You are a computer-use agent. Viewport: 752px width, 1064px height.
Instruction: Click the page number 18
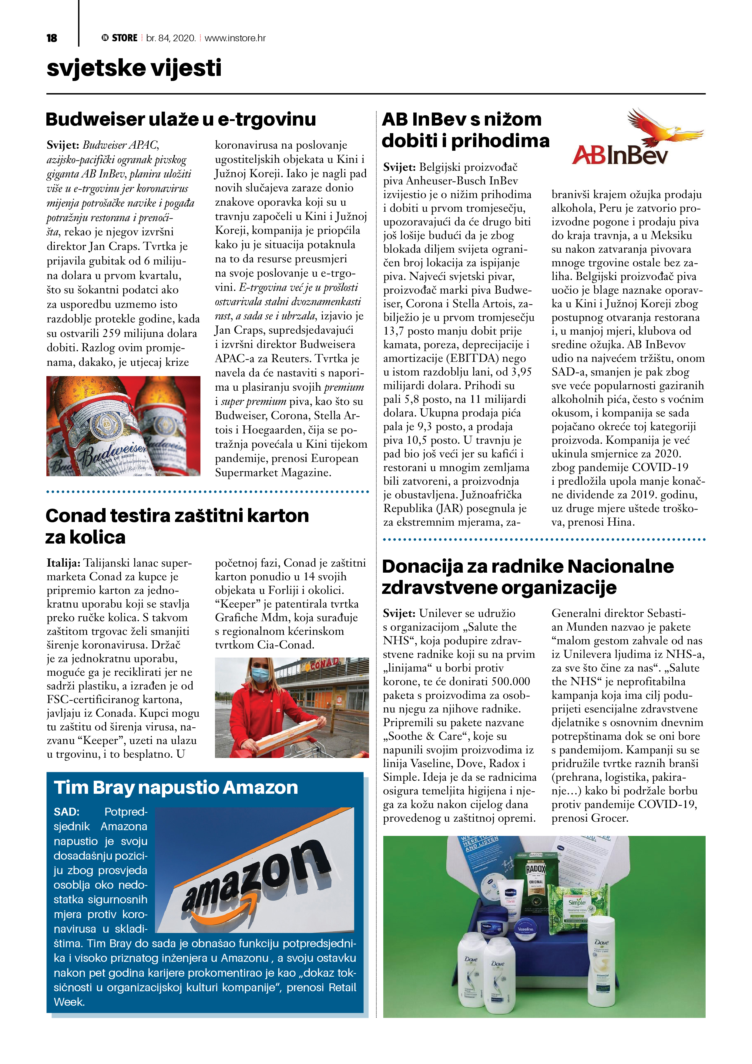pos(52,38)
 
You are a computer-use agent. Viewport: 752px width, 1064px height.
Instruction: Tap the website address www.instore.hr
pos(235,38)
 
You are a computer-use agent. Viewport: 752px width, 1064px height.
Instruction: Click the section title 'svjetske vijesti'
pos(134,68)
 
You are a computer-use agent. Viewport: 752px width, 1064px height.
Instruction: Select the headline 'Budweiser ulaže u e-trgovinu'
pos(181,120)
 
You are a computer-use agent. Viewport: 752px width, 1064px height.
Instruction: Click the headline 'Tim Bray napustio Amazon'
pos(176,787)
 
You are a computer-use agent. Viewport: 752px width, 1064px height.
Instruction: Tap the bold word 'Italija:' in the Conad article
pos(63,563)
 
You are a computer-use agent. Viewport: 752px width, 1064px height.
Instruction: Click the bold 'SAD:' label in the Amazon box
pos(66,811)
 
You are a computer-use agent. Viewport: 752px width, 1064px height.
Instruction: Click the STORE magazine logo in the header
pos(119,38)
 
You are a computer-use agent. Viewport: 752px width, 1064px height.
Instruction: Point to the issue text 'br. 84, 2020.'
pos(170,38)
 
